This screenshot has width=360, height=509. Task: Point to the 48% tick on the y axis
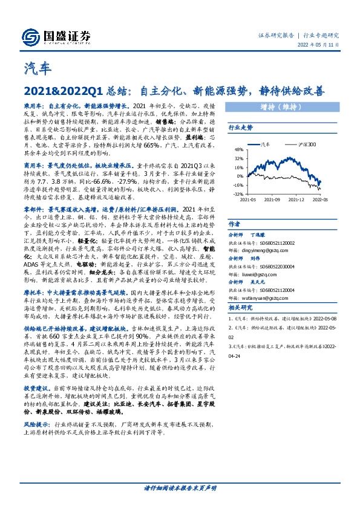pyautogui.click(x=238, y=149)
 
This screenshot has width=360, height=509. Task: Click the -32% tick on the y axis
pyautogui.click(x=238, y=194)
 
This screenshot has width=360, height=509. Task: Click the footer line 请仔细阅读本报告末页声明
pyautogui.click(x=180, y=487)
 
